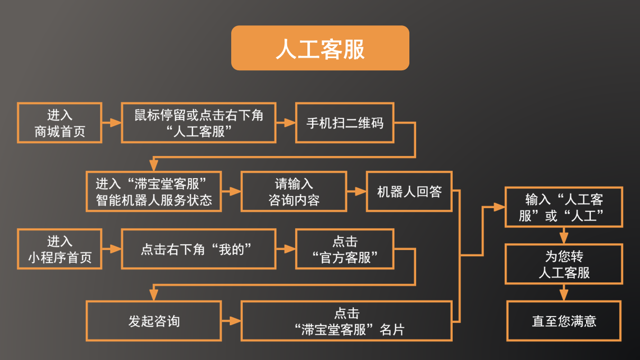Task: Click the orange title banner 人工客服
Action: click(320, 48)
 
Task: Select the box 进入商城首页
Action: click(59, 123)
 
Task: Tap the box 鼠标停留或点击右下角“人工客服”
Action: click(198, 123)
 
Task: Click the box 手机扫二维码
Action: click(344, 123)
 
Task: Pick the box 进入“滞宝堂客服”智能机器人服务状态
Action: click(153, 191)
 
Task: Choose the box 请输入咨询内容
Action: click(294, 191)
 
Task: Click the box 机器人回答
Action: click(409, 191)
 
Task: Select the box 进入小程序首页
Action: click(59, 249)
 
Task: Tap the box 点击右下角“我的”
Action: click(198, 249)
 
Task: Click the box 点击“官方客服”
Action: click(344, 249)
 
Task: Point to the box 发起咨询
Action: click(153, 321)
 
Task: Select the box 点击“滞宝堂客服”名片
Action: click(346, 321)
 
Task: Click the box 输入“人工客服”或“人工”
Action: click(563, 207)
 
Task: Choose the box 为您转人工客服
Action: click(563, 264)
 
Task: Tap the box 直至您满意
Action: click(563, 321)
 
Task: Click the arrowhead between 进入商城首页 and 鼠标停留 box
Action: click(116, 123)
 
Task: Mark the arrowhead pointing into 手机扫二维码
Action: click(289, 123)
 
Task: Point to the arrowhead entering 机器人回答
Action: click(361, 191)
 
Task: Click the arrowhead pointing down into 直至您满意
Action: click(564, 295)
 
